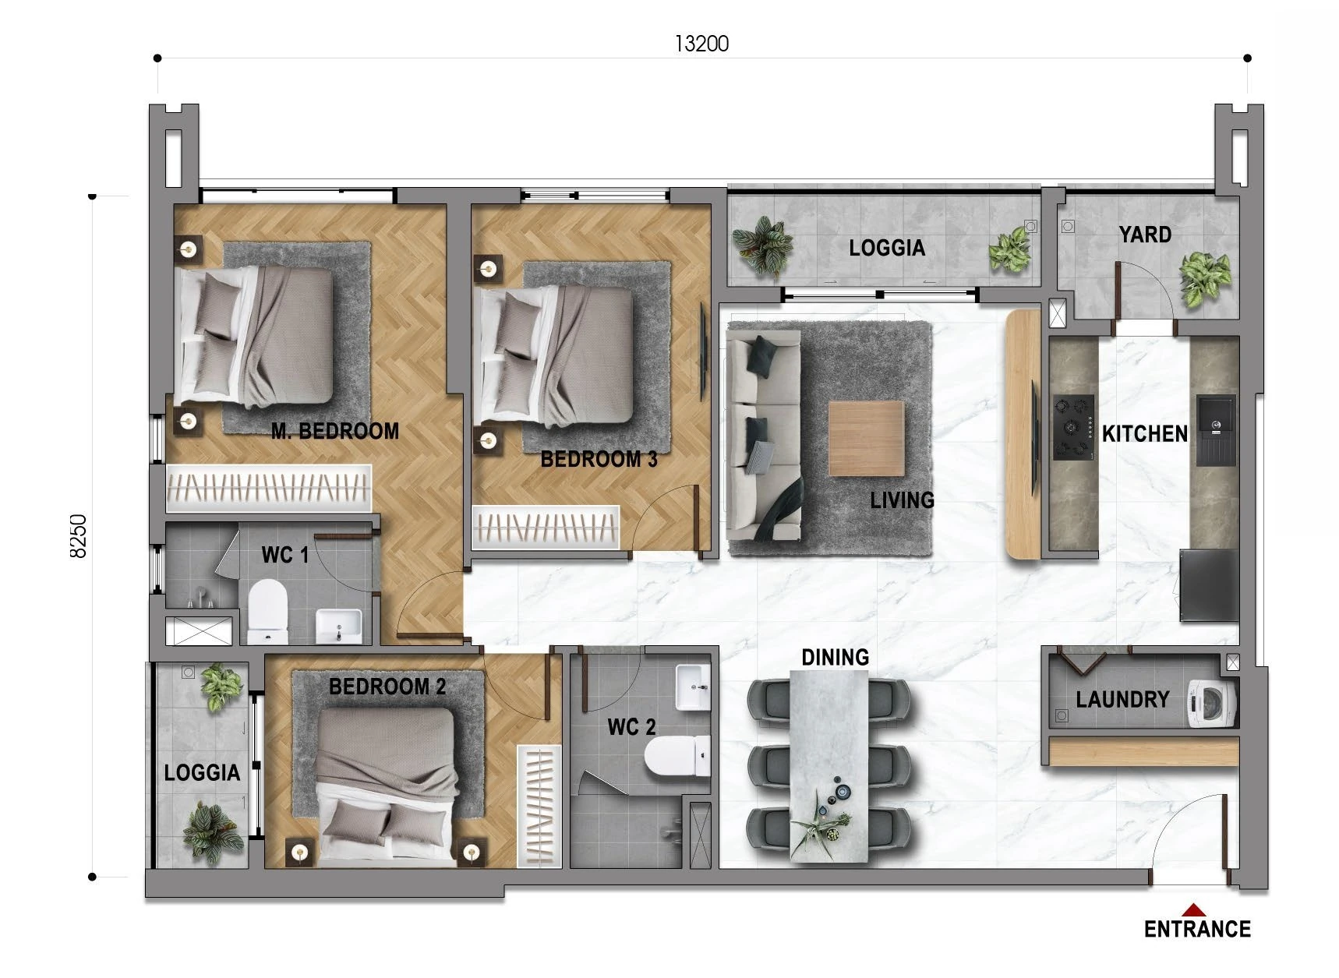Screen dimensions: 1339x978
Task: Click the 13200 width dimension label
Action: click(701, 44)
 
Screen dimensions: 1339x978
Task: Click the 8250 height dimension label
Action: click(79, 535)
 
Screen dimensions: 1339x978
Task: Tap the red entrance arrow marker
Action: click(1193, 909)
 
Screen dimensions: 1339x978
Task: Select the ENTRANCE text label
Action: click(1197, 929)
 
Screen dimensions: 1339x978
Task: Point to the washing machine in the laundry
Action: click(1212, 699)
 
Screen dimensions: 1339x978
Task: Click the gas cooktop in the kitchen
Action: click(1073, 427)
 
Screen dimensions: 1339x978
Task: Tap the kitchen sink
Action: click(1216, 431)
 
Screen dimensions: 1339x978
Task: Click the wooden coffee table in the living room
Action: click(866, 439)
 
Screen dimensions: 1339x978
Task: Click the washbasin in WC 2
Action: click(693, 687)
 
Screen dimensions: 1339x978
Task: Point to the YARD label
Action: click(1145, 235)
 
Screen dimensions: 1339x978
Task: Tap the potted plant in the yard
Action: click(1205, 276)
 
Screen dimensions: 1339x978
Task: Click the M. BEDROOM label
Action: click(335, 431)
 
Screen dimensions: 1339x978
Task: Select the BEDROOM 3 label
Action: click(599, 459)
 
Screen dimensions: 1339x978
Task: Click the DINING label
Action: click(835, 657)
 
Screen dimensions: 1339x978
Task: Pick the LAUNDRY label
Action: click(1122, 699)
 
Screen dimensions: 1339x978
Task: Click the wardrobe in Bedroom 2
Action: click(539, 806)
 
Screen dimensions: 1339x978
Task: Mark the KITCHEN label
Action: click(1144, 433)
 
